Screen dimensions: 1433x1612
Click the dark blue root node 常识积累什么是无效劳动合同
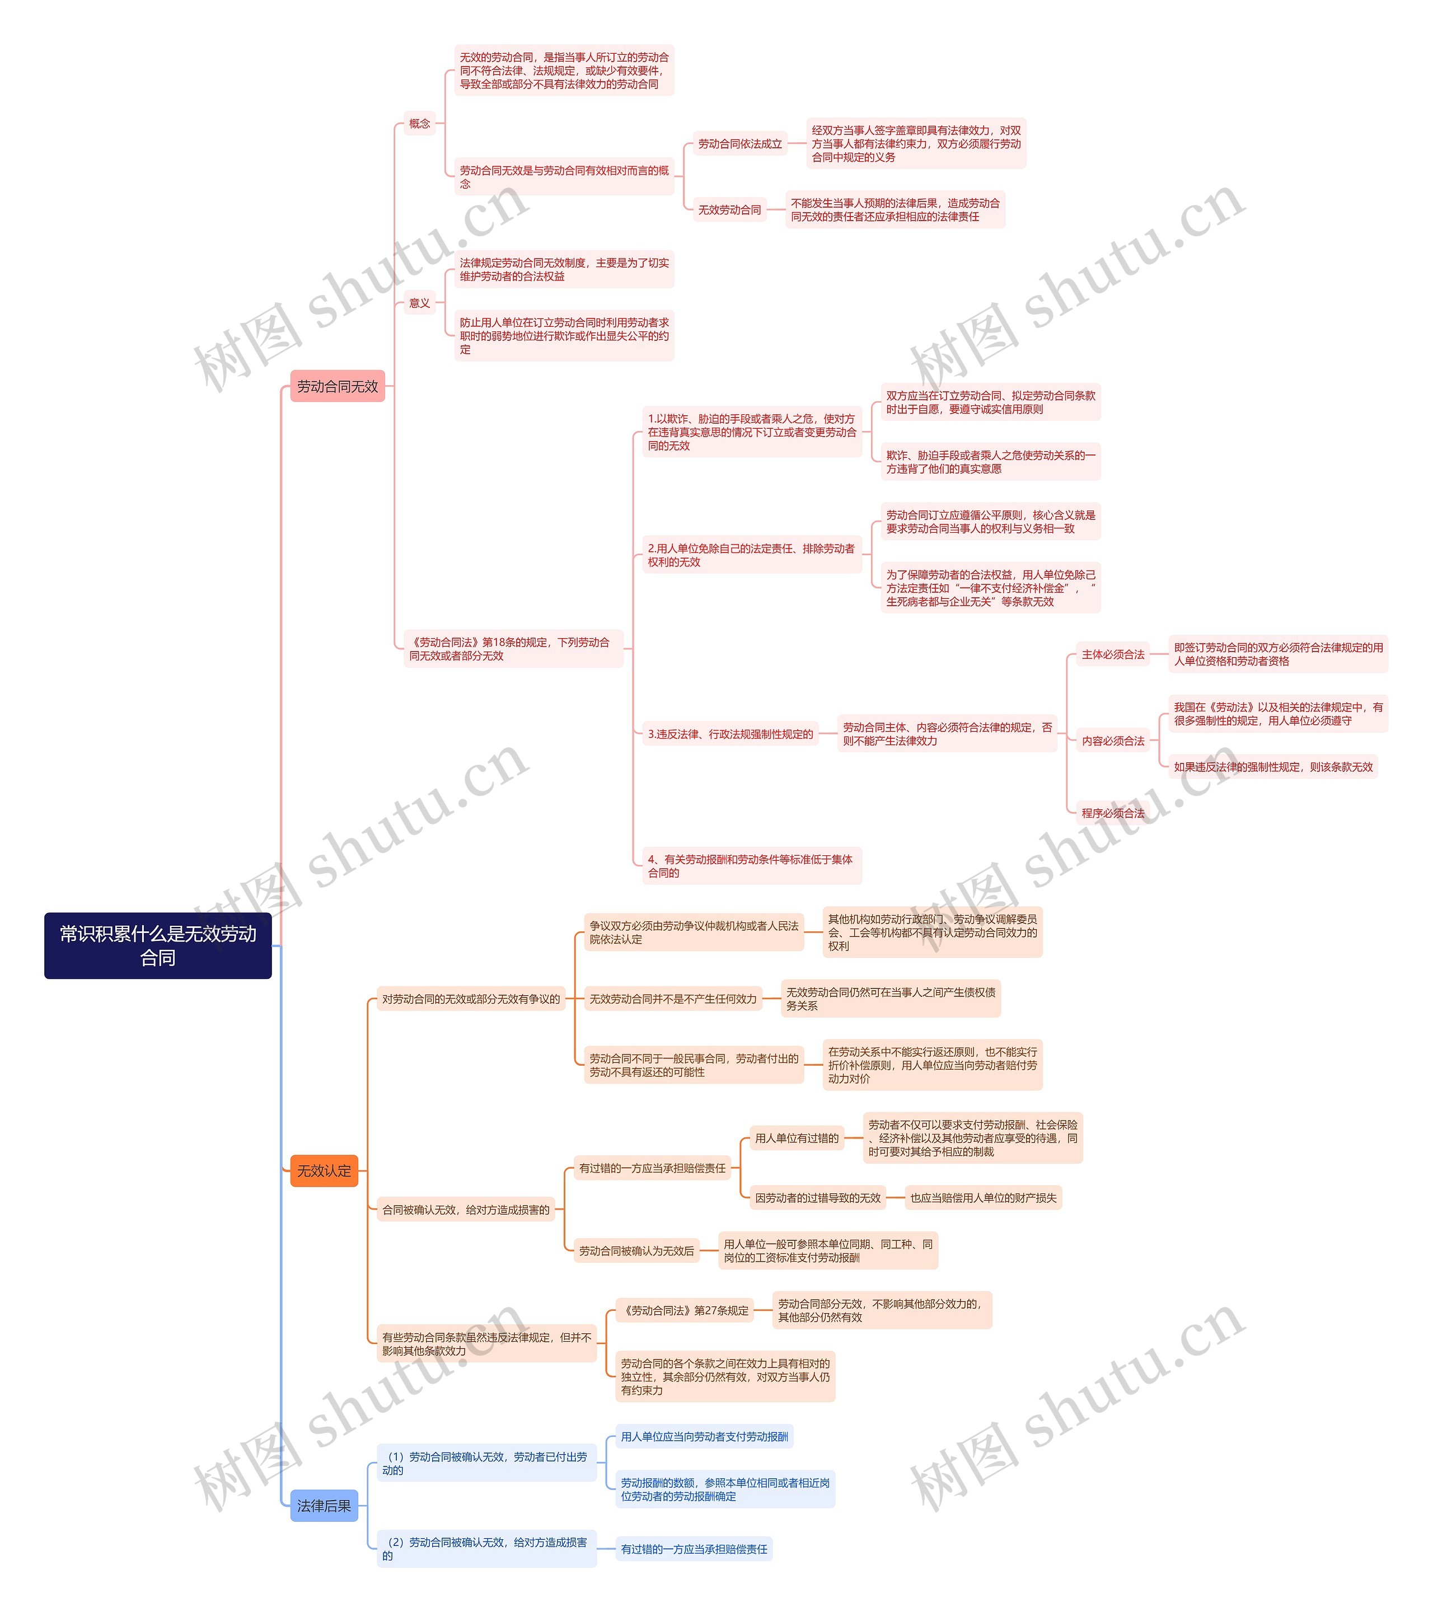pyautogui.click(x=158, y=945)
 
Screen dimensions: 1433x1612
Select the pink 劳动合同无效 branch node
pyautogui.click(x=337, y=386)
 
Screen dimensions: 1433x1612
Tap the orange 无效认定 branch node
pyautogui.click(x=324, y=1170)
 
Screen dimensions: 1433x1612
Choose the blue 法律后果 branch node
pyautogui.click(x=324, y=1506)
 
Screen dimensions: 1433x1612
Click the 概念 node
pyautogui.click(x=420, y=124)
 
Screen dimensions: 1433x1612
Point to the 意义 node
pyautogui.click(x=420, y=303)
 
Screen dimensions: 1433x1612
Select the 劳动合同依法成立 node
pyautogui.click(x=740, y=143)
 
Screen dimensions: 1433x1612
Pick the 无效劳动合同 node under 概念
pyautogui.click(x=729, y=210)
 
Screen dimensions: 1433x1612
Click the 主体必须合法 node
pyautogui.click(x=1112, y=654)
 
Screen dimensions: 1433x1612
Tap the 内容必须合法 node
pyautogui.click(x=1112, y=741)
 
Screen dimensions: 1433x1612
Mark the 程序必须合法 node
pyautogui.click(x=1112, y=813)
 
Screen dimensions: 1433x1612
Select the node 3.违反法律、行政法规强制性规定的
pyautogui.click(x=729, y=734)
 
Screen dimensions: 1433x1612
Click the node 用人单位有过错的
pyautogui.click(x=797, y=1138)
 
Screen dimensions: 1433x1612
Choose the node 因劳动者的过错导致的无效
pyautogui.click(x=817, y=1198)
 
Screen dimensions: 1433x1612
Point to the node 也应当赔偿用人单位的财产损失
pyautogui.click(x=983, y=1198)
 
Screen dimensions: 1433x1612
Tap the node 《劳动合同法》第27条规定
pyautogui.click(x=685, y=1311)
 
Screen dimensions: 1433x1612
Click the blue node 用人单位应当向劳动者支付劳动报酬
pyautogui.click(x=704, y=1437)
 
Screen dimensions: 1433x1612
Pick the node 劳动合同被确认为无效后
pyautogui.click(x=636, y=1251)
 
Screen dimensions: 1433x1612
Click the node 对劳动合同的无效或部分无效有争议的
pyautogui.click(x=471, y=999)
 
